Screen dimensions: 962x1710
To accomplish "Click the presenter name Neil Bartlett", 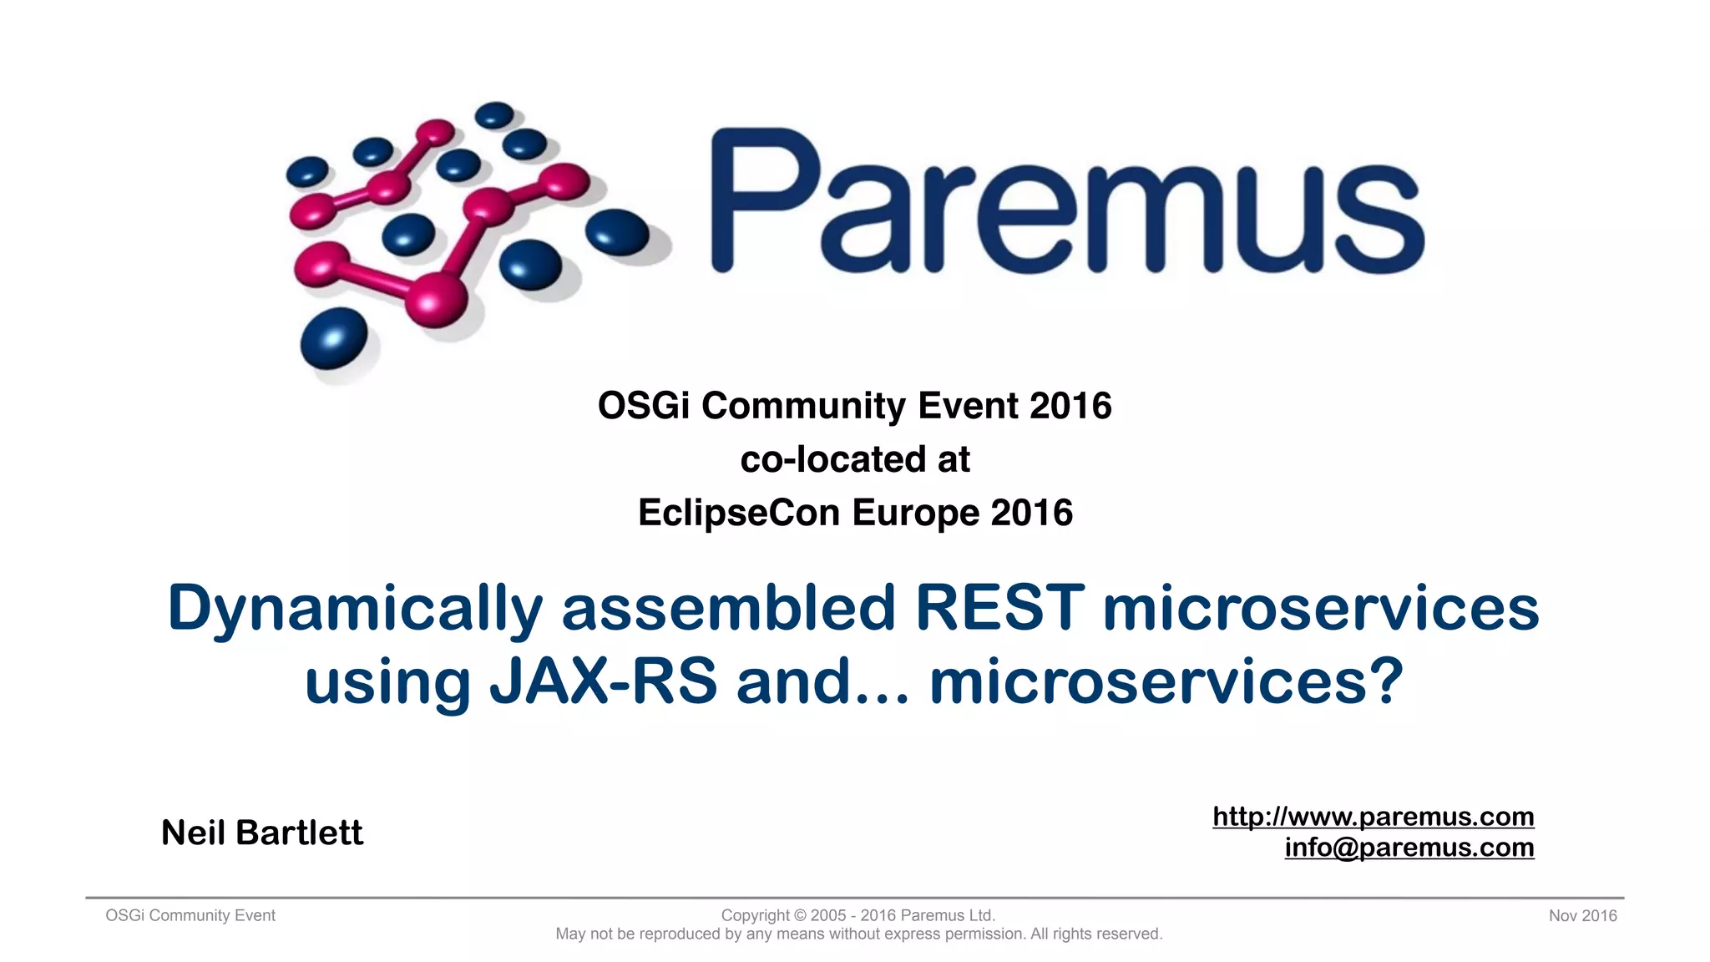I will point(262,833).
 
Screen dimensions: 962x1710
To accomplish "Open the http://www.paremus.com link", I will point(1373,816).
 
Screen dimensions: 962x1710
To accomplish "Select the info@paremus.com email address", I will point(1409,847).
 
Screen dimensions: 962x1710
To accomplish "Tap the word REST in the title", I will point(999,608).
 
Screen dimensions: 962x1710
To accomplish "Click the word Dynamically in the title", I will point(355,610).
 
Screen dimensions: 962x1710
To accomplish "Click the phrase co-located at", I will point(855,459).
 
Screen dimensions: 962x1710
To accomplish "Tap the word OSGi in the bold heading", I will point(643,406).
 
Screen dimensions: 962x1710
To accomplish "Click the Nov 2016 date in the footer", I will point(1582,915).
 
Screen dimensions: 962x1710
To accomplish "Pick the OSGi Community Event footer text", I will point(190,915).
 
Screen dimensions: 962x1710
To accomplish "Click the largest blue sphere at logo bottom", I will point(333,337).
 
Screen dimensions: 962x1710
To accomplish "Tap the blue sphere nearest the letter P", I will point(617,231).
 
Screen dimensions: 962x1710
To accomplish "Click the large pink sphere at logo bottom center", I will point(435,299).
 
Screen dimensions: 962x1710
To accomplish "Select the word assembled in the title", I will point(729,608).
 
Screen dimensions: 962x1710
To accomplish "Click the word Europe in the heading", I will point(915,512).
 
